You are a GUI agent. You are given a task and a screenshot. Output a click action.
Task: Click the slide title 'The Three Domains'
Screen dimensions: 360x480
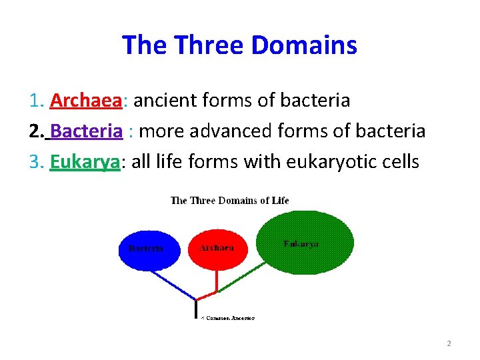click(x=239, y=45)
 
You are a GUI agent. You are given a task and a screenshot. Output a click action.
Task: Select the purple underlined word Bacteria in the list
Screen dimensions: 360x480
click(x=86, y=131)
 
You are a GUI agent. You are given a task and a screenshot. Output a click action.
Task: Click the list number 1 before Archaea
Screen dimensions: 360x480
click(x=36, y=101)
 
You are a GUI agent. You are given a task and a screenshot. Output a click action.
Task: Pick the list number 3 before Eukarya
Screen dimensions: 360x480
click(x=36, y=162)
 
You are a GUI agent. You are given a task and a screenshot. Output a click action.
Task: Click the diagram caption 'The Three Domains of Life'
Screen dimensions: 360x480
click(x=230, y=201)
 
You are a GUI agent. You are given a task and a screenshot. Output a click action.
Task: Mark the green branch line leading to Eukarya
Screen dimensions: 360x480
click(x=243, y=276)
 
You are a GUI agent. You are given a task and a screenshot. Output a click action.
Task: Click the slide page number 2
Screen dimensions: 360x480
click(x=449, y=343)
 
